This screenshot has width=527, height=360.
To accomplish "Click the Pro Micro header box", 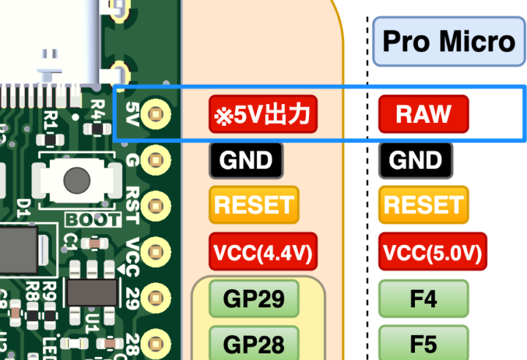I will point(449,41).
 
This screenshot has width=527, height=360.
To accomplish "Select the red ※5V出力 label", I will point(263,114).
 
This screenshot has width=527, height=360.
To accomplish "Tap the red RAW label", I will point(423,114).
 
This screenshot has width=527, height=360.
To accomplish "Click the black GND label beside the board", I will point(245,160).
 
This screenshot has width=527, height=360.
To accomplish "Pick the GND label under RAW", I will point(416,160).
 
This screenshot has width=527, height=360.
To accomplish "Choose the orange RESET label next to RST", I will point(254,205).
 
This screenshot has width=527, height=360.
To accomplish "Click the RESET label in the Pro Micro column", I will point(424,205).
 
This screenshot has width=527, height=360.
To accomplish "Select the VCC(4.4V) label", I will point(263,252).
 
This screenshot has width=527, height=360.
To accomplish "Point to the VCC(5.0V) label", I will point(432,252).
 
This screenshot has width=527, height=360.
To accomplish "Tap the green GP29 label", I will point(254,299).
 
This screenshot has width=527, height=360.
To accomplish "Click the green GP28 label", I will point(254,342).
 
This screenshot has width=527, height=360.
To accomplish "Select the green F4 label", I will point(424,299).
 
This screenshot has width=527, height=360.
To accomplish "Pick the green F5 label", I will point(424,342).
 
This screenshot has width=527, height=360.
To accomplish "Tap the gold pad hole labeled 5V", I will point(155,113).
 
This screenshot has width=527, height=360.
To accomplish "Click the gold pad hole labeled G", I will point(155,160).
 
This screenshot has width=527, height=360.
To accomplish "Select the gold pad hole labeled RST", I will point(155,206).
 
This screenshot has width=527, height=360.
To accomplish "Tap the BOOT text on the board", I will point(93,219).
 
